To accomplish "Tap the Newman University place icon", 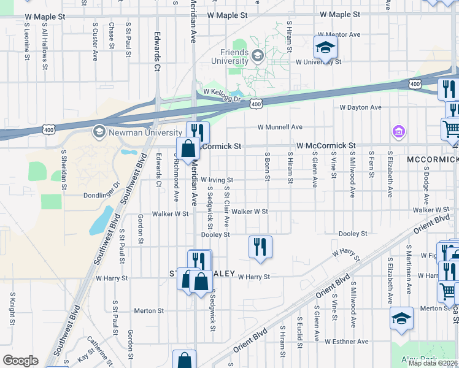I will (99, 132).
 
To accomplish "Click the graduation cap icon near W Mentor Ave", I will (325, 46).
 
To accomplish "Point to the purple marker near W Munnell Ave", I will (398, 131).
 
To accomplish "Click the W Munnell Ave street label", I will (280, 127).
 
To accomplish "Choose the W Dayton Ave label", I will (361, 107).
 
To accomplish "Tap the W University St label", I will (316, 62).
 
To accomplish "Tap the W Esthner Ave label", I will (347, 341).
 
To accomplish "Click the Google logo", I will (20, 361).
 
